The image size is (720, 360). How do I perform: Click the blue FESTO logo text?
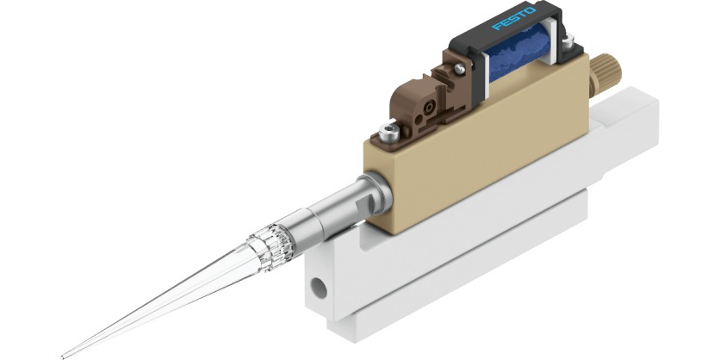click(514, 20)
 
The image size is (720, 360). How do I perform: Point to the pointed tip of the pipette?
click(65, 354)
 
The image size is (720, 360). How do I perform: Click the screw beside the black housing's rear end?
click(568, 39)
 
